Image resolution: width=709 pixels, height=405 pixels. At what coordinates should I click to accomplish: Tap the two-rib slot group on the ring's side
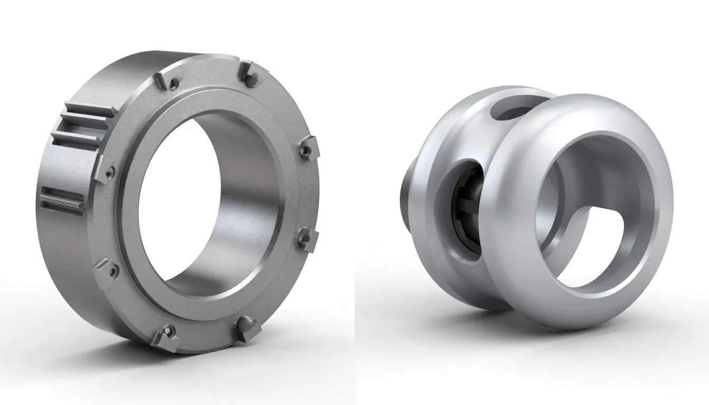pyautogui.click(x=62, y=201)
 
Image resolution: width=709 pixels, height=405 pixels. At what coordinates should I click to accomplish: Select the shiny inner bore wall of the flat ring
pyautogui.click(x=248, y=200)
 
